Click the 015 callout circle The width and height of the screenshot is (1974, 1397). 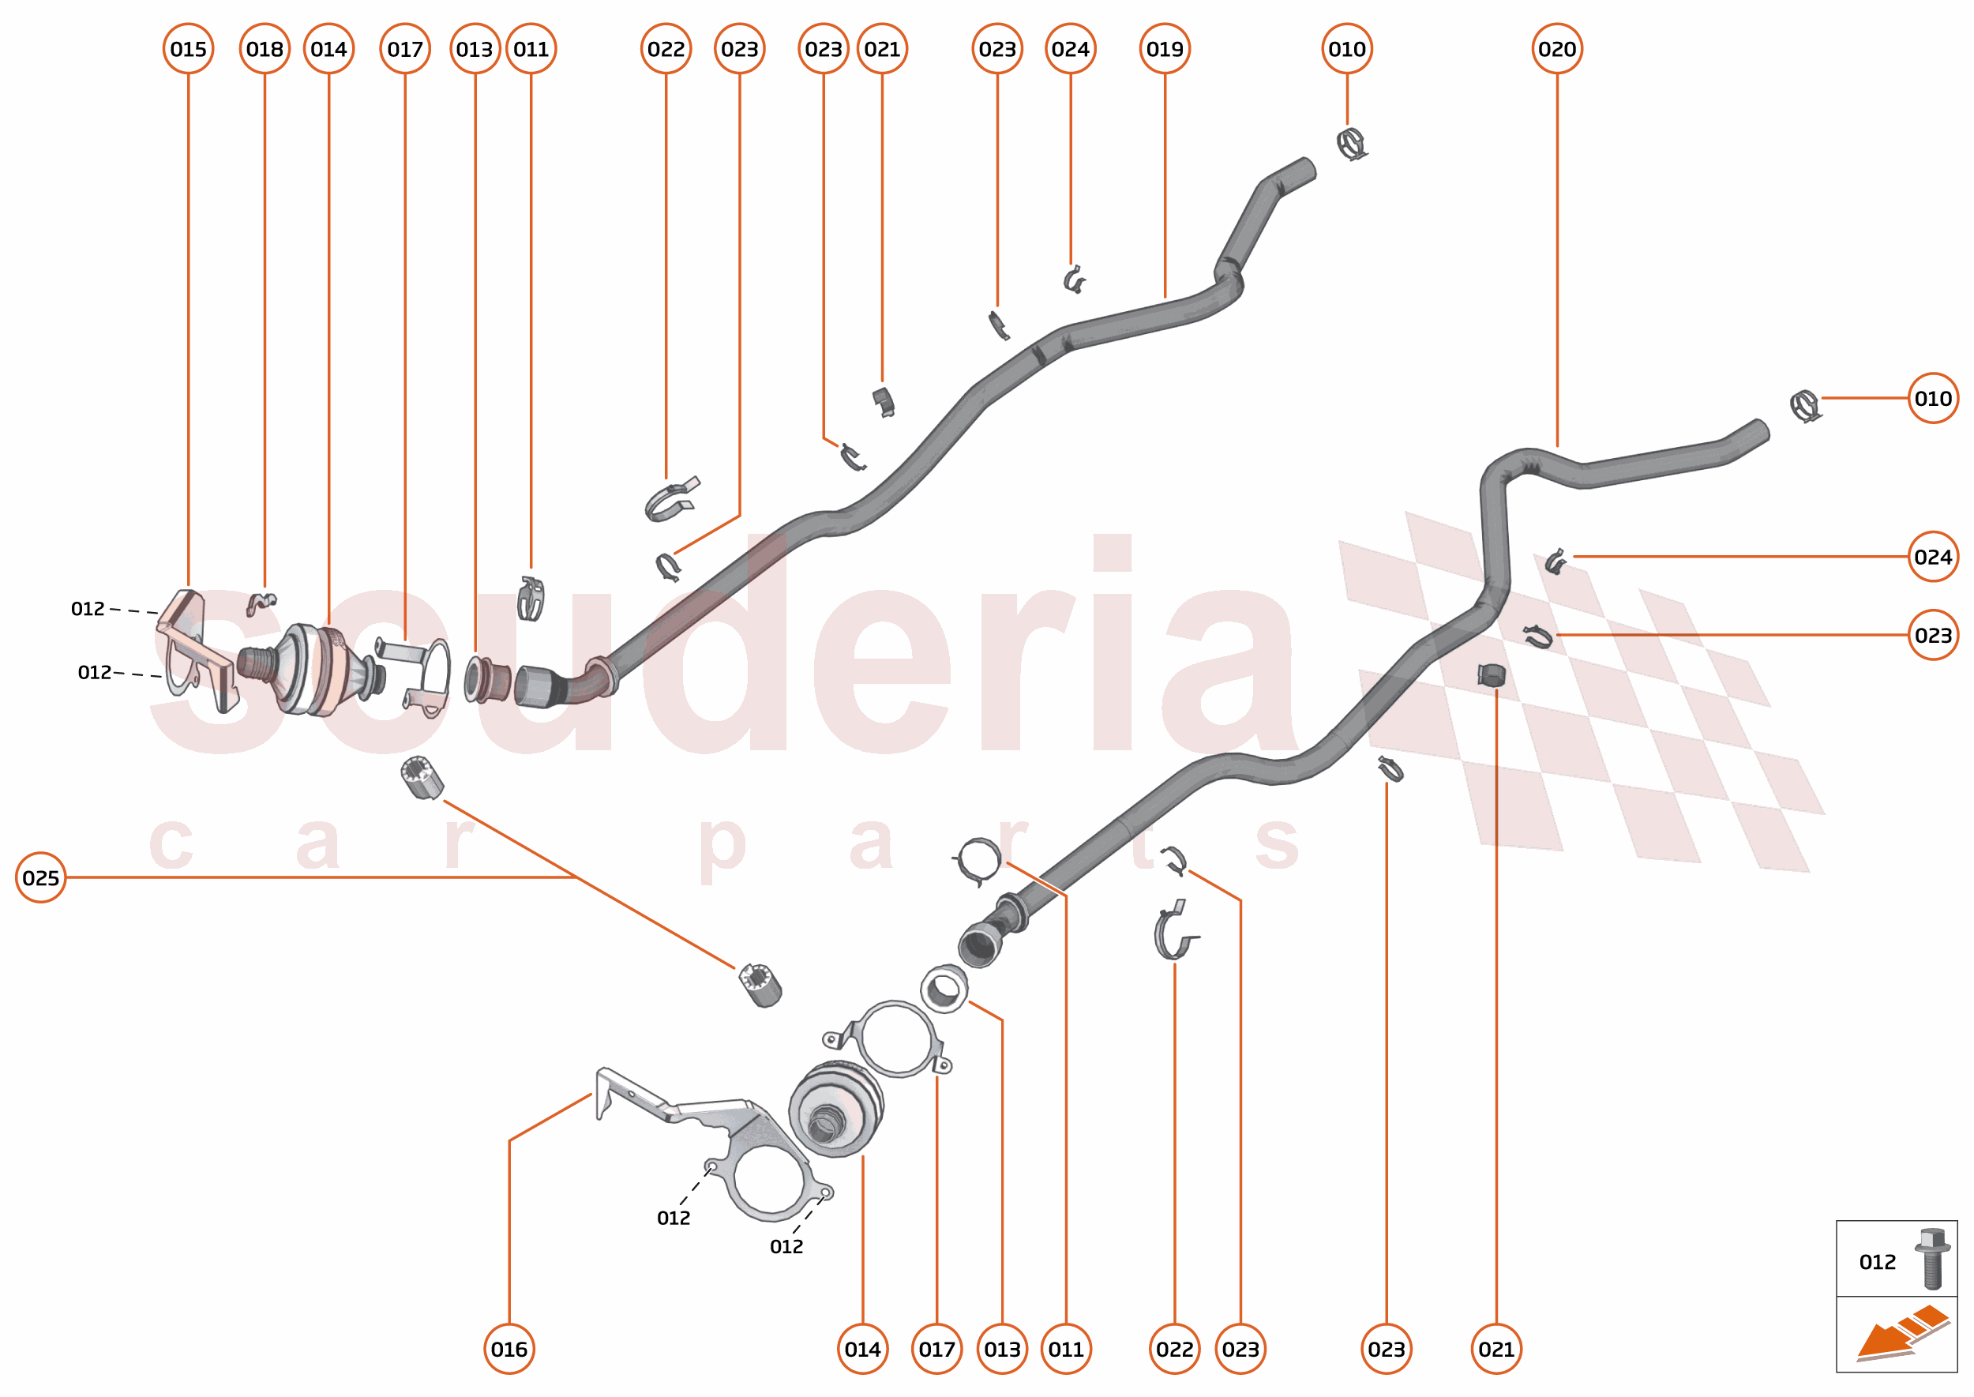(189, 49)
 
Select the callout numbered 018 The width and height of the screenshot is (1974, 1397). (264, 49)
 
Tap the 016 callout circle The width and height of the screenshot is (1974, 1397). (509, 1349)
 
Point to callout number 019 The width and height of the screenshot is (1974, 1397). (1165, 49)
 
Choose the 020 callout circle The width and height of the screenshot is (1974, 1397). (1557, 49)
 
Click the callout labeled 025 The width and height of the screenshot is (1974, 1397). (40, 877)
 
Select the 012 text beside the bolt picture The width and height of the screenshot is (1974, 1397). (1877, 1262)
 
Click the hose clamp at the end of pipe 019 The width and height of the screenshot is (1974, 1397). (1351, 144)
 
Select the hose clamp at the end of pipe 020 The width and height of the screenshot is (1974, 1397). (1804, 405)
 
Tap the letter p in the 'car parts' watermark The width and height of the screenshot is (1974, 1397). (721, 847)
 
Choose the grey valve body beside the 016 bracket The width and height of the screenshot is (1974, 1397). (835, 1110)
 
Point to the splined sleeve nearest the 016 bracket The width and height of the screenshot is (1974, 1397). (760, 984)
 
